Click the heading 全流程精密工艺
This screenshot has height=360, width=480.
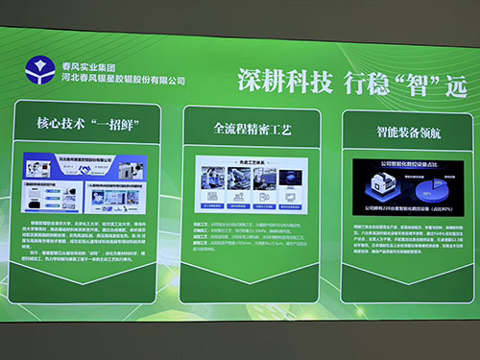(x=252, y=127)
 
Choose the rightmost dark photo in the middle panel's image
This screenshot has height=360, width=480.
(x=291, y=181)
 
